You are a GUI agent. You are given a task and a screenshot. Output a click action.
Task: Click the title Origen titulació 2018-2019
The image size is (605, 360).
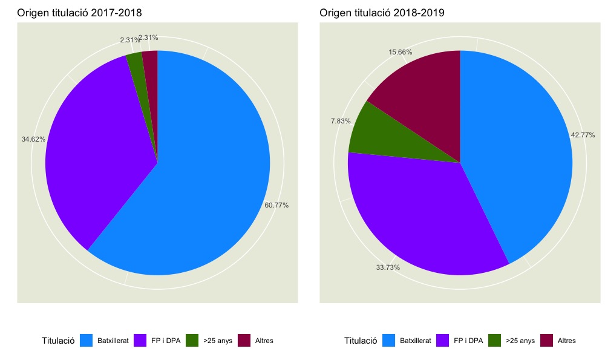pos(382,12)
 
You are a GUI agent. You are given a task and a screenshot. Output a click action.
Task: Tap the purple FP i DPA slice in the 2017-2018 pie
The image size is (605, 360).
pos(97,157)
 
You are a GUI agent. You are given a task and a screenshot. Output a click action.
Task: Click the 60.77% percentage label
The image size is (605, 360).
pos(276,205)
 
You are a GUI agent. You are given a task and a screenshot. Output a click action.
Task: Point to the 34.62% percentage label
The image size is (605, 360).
pos(33,139)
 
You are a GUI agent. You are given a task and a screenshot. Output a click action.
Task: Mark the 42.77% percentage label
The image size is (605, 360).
pos(583,135)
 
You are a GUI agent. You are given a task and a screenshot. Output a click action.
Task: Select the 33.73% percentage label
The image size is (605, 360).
pos(388,267)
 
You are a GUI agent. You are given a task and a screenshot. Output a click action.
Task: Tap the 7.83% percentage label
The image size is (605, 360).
pos(341,121)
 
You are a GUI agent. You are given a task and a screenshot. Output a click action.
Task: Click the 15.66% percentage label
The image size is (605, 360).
pos(401,52)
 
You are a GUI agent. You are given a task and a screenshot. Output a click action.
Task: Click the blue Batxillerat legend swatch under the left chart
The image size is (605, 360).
pos(87,341)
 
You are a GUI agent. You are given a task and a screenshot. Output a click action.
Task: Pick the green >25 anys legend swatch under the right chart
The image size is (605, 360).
pos(494,341)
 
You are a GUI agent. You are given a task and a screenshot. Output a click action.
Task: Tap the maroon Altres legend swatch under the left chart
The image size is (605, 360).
pos(245,341)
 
